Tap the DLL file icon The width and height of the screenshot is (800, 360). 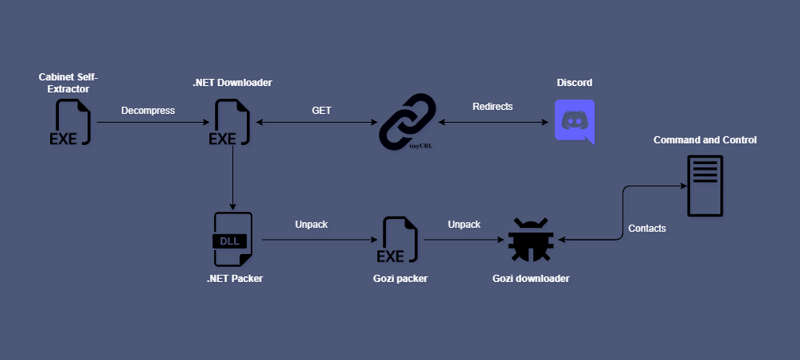[x=232, y=239]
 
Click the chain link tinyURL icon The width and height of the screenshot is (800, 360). [x=407, y=122]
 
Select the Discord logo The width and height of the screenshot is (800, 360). [x=574, y=121]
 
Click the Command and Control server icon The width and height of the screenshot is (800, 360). [x=704, y=186]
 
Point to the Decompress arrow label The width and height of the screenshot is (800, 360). [x=147, y=110]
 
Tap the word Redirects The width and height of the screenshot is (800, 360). [x=493, y=106]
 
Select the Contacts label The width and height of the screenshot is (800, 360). [x=647, y=228]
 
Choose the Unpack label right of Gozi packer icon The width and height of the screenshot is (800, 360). [x=463, y=224]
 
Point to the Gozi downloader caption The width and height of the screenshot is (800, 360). [x=530, y=278]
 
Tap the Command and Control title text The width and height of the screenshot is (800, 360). [x=704, y=139]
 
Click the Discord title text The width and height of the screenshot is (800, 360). [x=574, y=83]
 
